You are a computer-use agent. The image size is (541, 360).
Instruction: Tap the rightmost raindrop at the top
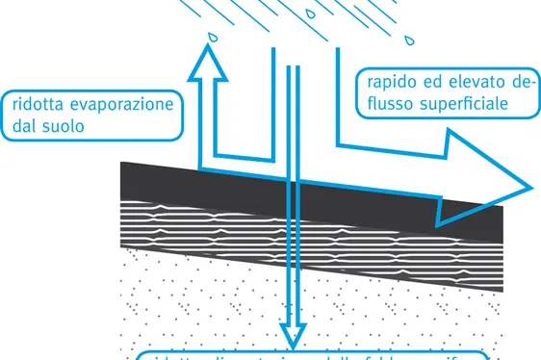[411, 41]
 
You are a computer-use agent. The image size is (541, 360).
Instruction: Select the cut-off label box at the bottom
[308, 354]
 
